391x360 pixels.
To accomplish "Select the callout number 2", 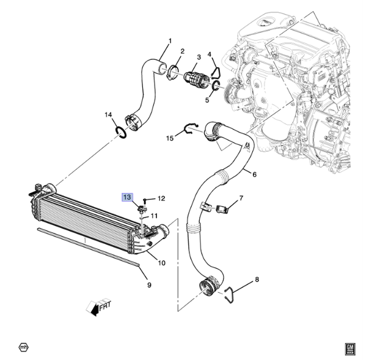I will (x=182, y=52).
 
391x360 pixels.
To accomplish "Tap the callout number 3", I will (x=198, y=57).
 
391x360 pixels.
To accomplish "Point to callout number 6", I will (x=254, y=175).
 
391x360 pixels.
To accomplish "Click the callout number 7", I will (x=241, y=198).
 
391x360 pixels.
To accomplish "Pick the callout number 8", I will (x=257, y=280).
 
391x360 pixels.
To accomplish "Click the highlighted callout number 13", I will (x=127, y=197).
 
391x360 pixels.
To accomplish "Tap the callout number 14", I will (x=108, y=115).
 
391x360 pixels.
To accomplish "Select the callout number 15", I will (x=170, y=139).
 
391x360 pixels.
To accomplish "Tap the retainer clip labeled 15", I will (x=191, y=129).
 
